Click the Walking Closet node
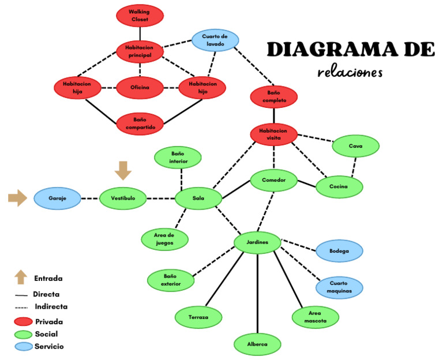[140, 16]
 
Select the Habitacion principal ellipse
[140, 51]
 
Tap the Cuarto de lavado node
[215, 40]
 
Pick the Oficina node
[140, 88]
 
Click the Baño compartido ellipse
[140, 123]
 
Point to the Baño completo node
[274, 96]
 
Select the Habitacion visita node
[274, 134]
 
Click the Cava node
[355, 146]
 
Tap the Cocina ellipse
[339, 186]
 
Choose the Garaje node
[57, 198]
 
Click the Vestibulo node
[122, 198]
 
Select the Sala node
[198, 198]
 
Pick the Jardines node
[257, 242]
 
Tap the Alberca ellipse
[257, 344]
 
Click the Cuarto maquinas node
[339, 287]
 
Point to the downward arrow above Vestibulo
[123, 170]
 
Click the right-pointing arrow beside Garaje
[17, 198]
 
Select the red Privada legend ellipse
[22, 321]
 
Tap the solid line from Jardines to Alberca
[257, 294]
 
